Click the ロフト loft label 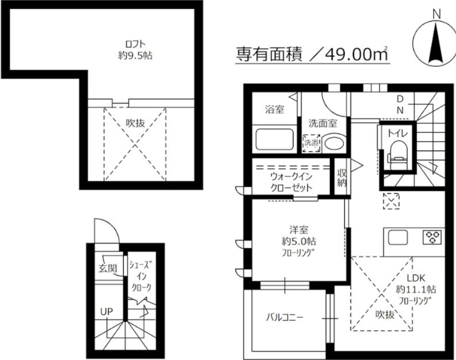(x=135, y=50)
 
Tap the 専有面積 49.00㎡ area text (x=312, y=54)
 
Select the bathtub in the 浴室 (x=274, y=139)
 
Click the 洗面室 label (x=323, y=123)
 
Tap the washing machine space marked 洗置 (x=311, y=143)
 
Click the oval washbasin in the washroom (x=334, y=143)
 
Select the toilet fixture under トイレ (x=398, y=155)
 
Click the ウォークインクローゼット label (x=291, y=182)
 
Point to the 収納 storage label (x=341, y=177)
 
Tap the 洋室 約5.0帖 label (x=299, y=241)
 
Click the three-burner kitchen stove (x=432, y=237)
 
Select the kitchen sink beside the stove (x=398, y=237)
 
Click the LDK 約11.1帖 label (x=416, y=289)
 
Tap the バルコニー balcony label (x=284, y=317)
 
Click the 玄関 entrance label (x=108, y=268)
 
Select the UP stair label (x=107, y=312)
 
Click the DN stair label (x=400, y=104)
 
